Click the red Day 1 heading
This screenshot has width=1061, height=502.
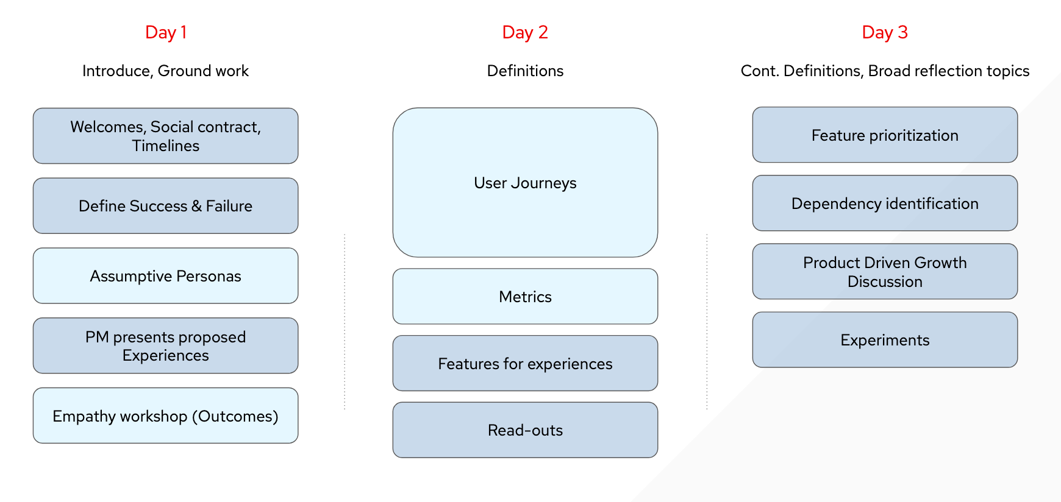click(165, 32)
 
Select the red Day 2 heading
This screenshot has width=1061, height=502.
click(525, 32)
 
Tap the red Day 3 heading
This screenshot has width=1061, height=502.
click(885, 32)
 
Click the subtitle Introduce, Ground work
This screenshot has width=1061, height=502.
click(165, 71)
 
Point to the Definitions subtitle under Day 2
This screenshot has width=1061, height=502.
click(525, 71)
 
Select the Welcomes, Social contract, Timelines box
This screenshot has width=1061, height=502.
click(165, 136)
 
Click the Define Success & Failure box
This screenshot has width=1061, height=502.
click(165, 206)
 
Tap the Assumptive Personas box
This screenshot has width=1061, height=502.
click(165, 276)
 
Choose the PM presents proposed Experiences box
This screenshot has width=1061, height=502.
click(165, 345)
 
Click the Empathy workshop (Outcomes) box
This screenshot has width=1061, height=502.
click(165, 415)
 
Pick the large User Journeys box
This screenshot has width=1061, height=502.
click(525, 183)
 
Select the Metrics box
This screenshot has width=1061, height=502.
click(525, 297)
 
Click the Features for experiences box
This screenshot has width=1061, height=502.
click(525, 363)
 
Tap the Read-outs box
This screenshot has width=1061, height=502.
click(525, 430)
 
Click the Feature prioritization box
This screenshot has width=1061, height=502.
click(885, 135)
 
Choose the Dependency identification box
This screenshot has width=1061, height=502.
click(885, 203)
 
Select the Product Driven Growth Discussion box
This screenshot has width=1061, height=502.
click(885, 272)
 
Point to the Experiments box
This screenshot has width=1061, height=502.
click(885, 340)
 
